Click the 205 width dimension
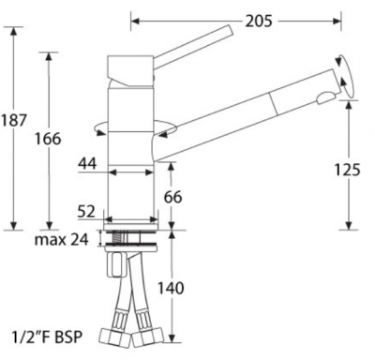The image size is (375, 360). pos(259,21)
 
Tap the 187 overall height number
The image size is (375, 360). pos(13,120)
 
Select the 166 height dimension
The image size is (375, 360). pos(48,139)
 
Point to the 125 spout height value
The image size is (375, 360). pos(347,170)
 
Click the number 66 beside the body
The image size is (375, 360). pos(172,197)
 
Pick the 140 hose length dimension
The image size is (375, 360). pos(171,288)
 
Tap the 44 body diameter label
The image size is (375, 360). pos(87,163)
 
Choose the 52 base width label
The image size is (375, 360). pos(86,212)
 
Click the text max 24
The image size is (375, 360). pos(62,240)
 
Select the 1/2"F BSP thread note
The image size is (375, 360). pos(48,337)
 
